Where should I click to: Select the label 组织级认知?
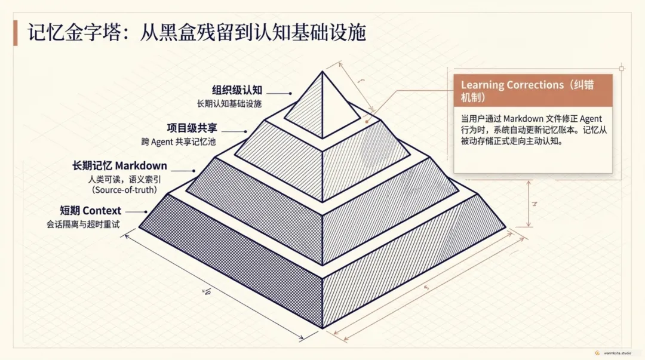(236, 91)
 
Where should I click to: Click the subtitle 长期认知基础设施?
(229, 104)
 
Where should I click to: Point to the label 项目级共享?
(191, 128)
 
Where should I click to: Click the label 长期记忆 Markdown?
(119, 165)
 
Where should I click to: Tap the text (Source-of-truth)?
(125, 190)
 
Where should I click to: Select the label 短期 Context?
(91, 211)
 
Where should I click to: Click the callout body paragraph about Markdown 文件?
(531, 130)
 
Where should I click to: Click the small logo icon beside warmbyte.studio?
(598, 352)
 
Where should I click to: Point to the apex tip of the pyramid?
(322, 72)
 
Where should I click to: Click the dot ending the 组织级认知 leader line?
(290, 94)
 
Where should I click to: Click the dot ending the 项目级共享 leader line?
(245, 131)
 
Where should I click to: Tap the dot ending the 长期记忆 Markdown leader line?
(193, 171)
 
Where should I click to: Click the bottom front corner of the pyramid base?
(322, 327)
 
